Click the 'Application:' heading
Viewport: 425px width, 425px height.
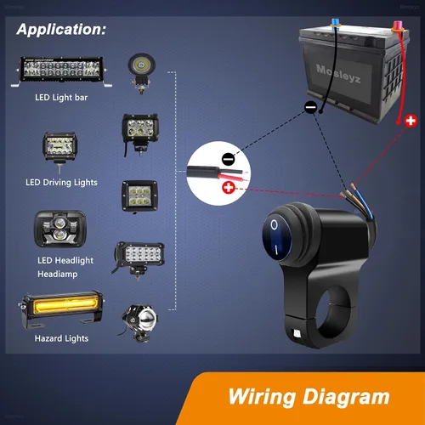tap(61, 30)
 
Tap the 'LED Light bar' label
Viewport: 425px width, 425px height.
tap(61, 98)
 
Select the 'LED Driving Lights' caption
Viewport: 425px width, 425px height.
tap(61, 183)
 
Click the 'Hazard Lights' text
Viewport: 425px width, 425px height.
tap(61, 338)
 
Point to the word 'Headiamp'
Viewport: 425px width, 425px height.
tap(58, 274)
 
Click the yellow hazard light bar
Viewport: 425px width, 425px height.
tap(61, 310)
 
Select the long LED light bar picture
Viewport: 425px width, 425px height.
tap(61, 71)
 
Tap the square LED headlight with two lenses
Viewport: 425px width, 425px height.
tap(60, 229)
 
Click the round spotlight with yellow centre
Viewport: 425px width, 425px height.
tap(141, 73)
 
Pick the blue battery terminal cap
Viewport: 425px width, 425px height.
tap(336, 23)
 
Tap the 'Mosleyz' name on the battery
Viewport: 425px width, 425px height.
tap(338, 73)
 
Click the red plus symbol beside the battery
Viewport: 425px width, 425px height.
tap(411, 121)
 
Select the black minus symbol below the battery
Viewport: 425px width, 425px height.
tap(311, 107)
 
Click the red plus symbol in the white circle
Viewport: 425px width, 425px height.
tap(229, 188)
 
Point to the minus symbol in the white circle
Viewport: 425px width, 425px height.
tap(229, 159)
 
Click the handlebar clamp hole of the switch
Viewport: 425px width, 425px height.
tap(336, 314)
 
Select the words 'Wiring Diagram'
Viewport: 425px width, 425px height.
tap(309, 397)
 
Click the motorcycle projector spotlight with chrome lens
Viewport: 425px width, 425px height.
tap(139, 323)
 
